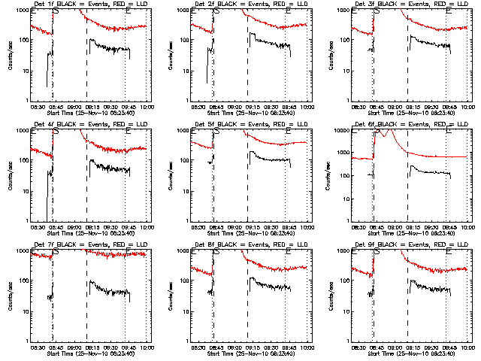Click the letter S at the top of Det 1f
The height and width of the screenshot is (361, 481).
57,11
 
